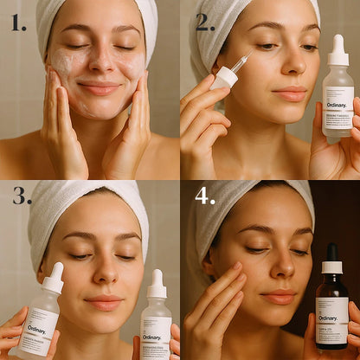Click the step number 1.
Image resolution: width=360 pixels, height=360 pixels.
pyautogui.click(x=19, y=22)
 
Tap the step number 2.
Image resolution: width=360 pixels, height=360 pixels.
pyautogui.click(x=205, y=22)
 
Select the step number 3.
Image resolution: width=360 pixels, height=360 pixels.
pyautogui.click(x=22, y=196)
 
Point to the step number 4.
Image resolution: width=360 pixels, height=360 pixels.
pyautogui.click(x=205, y=196)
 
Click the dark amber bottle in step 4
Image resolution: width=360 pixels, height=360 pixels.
pyautogui.click(x=331, y=303)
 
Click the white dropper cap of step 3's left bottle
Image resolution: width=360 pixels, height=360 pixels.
pyautogui.click(x=54, y=278)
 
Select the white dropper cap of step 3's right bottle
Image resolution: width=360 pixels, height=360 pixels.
pyautogui.click(x=157, y=284)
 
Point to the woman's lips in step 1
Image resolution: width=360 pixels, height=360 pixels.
pyautogui.click(x=100, y=87)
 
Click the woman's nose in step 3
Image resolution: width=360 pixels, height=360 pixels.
pyautogui.click(x=103, y=275)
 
